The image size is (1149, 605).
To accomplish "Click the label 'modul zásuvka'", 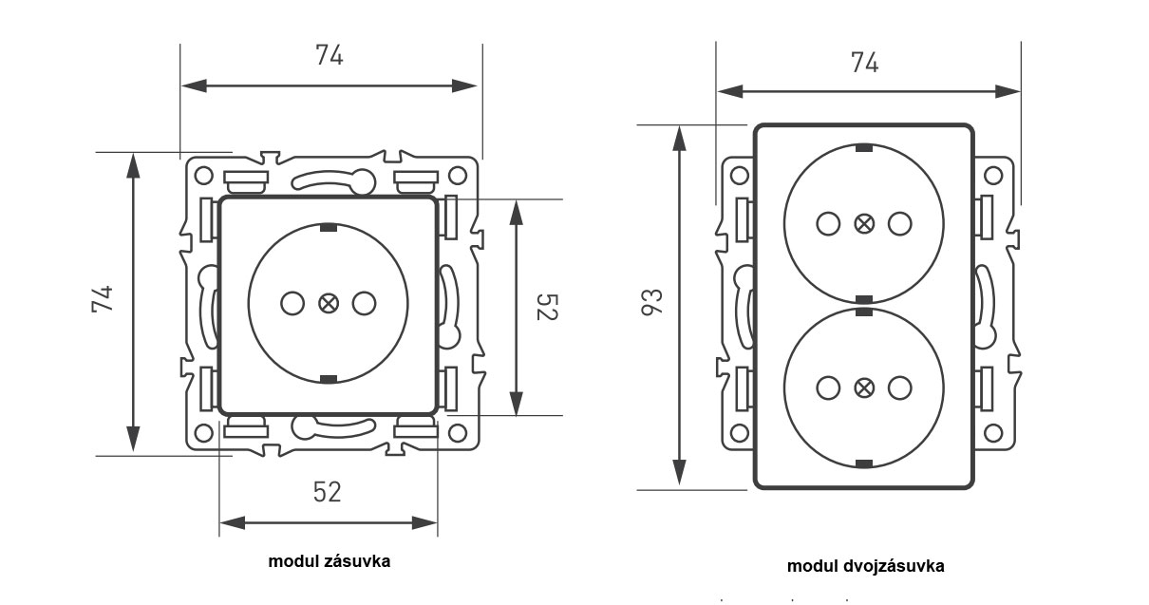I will pyautogui.click(x=329, y=560).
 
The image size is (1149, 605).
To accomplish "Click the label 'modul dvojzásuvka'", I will pyautogui.click(x=865, y=566).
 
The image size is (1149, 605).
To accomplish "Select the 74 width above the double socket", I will pyautogui.click(x=864, y=63).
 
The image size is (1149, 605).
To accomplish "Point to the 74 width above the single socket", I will pyautogui.click(x=329, y=55).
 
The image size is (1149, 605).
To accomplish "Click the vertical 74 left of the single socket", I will pyautogui.click(x=103, y=298).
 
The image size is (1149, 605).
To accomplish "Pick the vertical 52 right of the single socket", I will pyautogui.click(x=546, y=307).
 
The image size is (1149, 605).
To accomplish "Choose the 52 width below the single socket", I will pyautogui.click(x=327, y=491).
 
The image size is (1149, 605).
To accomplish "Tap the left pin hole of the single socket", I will pyautogui.click(x=293, y=304).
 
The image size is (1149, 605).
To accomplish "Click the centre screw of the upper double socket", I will pyautogui.click(x=864, y=224).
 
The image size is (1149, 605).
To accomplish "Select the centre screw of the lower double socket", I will pyautogui.click(x=864, y=388).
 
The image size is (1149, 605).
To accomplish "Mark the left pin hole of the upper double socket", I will pyautogui.click(x=828, y=224).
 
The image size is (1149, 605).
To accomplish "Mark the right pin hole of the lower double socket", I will pyautogui.click(x=900, y=388).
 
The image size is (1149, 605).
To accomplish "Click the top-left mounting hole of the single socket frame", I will pyautogui.click(x=203, y=176).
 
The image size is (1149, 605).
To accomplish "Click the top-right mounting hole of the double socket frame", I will pyautogui.click(x=992, y=176).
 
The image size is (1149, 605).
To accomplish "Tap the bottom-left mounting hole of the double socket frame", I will pyautogui.click(x=738, y=433).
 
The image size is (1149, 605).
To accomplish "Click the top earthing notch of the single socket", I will pyautogui.click(x=329, y=228).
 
